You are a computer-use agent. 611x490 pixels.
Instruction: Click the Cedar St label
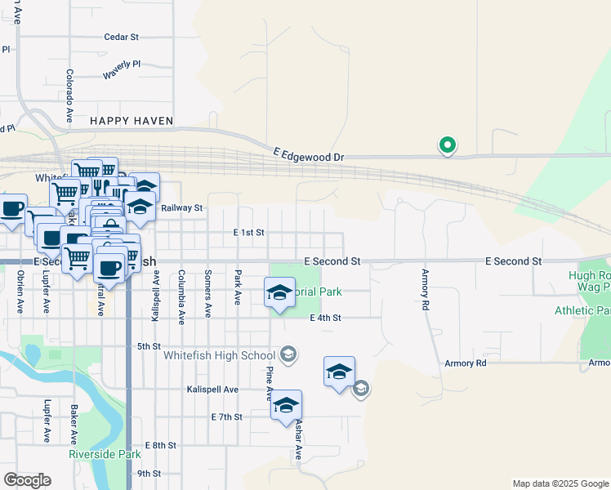(122, 37)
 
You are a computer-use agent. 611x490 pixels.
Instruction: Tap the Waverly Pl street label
(122, 69)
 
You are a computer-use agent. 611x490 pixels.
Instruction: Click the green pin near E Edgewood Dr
(448, 145)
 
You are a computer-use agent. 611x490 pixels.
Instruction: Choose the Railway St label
(181, 208)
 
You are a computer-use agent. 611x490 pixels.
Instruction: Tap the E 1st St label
(248, 233)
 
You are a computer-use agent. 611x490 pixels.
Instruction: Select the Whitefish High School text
(219, 355)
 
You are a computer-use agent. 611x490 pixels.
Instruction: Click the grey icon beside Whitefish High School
(288, 354)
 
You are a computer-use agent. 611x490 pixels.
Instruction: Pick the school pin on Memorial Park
(279, 293)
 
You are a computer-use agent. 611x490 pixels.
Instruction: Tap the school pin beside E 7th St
(286, 406)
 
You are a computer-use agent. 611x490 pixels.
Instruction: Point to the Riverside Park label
(105, 454)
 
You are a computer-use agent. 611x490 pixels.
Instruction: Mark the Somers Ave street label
(208, 293)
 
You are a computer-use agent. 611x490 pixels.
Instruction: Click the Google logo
(27, 480)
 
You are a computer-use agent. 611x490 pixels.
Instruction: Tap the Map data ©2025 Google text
(560, 483)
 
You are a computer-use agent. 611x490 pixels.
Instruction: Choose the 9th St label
(149, 474)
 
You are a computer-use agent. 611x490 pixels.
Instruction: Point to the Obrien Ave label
(20, 293)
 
